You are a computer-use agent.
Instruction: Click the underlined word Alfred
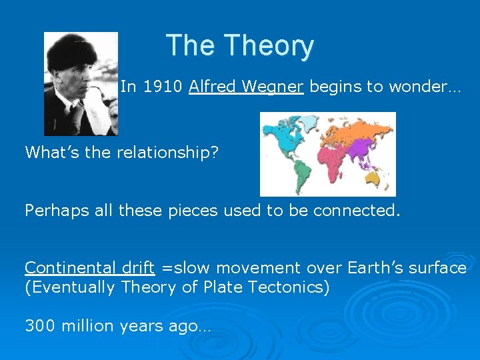click(x=209, y=87)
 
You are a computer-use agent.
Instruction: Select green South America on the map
click(x=302, y=173)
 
